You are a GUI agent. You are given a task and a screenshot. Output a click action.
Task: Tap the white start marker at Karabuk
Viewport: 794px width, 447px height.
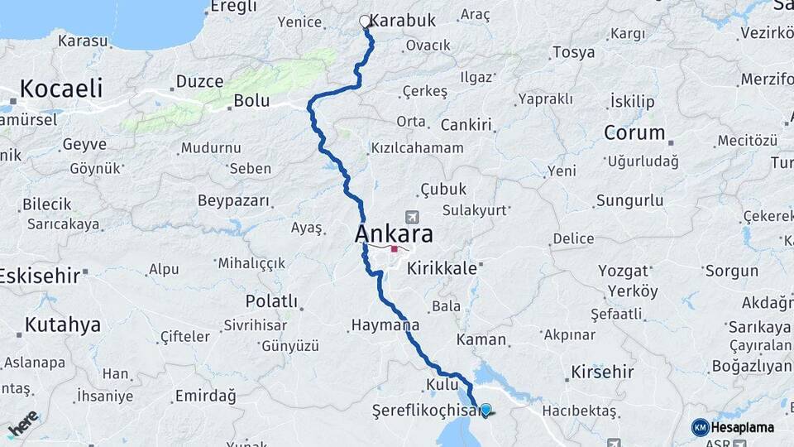point(365,22)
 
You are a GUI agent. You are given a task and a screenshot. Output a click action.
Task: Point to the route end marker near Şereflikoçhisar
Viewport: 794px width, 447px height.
point(485,409)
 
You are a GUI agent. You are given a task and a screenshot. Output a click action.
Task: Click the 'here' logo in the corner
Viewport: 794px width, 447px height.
point(22,424)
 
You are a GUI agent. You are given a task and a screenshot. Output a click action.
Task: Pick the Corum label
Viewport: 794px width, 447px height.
point(634,132)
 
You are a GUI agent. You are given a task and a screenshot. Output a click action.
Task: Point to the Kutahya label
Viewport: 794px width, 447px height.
point(62,324)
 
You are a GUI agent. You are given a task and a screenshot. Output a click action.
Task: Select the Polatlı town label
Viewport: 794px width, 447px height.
point(270,300)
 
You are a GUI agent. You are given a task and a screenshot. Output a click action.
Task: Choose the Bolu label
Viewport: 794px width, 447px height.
point(251,101)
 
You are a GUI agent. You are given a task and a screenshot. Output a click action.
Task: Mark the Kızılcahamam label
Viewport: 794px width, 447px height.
point(416,148)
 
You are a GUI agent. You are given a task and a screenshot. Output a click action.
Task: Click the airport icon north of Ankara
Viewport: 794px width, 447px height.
point(411,216)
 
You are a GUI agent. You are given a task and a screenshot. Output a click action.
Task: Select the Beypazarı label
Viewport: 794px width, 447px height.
point(233,200)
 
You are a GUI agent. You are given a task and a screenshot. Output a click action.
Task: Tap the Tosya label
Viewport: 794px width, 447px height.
point(573,52)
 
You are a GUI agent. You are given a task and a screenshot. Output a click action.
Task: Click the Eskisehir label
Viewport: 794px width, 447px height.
point(39,275)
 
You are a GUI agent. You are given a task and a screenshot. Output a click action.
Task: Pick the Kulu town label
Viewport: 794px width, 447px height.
point(442,384)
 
